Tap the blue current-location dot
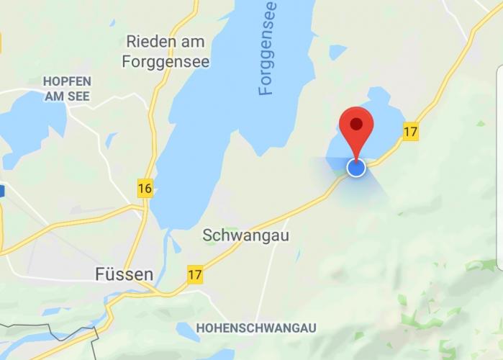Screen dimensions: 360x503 coord(356,168)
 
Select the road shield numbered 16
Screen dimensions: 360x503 coord(145,189)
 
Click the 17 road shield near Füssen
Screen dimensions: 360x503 coord(194,274)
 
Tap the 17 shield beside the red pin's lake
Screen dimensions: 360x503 coord(410,132)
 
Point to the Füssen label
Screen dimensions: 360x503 coord(124,274)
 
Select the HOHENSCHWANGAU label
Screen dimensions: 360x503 coord(256,328)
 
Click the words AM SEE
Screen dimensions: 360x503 coord(65,96)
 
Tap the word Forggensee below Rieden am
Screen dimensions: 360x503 coord(166,62)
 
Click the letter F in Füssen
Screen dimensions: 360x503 coord(100,274)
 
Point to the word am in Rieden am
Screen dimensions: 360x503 coord(193,41)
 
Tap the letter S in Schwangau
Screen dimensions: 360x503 coord(207,235)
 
